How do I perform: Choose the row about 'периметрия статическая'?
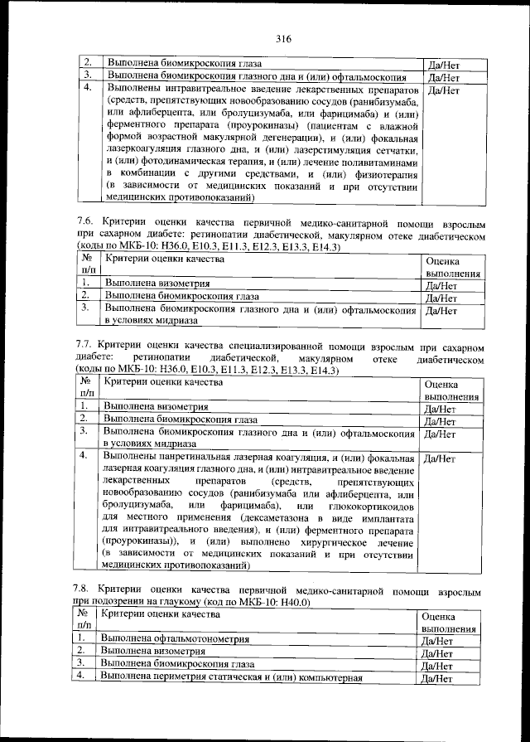(232, 677)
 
